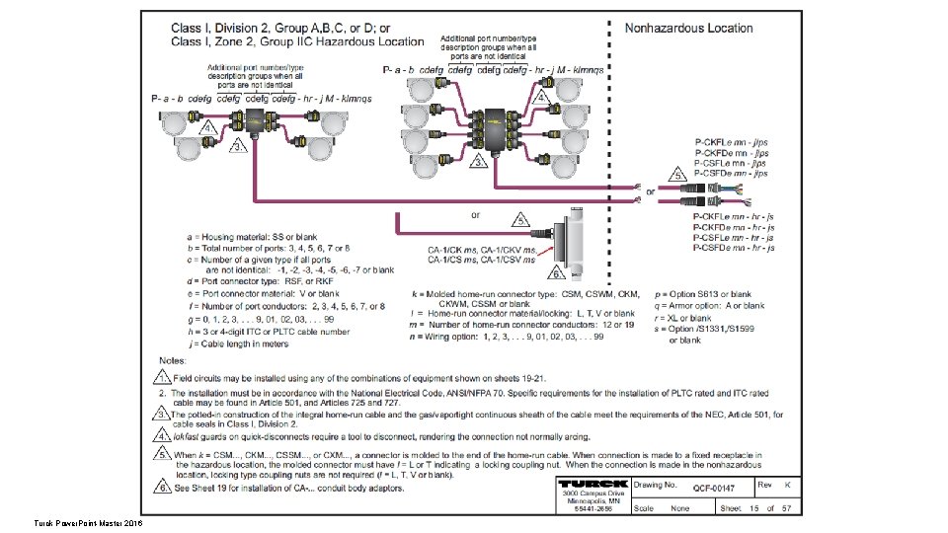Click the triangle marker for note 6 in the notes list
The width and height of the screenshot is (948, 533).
[x=160, y=488]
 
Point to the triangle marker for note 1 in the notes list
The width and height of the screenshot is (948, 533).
[x=160, y=376]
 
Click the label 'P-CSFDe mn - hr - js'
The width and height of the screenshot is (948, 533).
[x=733, y=247]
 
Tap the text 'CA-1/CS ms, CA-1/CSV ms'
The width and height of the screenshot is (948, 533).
[x=481, y=262]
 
